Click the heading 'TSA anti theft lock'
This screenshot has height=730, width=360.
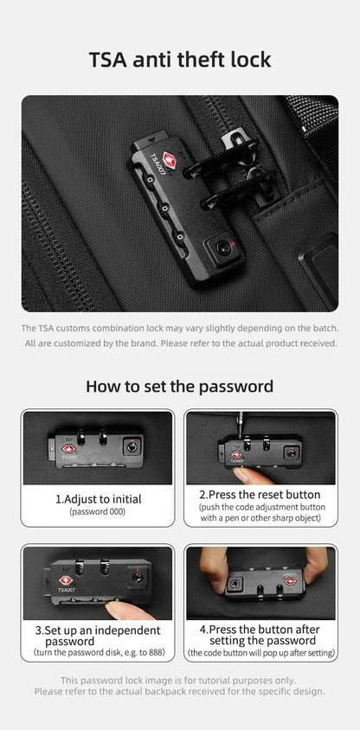click(180, 59)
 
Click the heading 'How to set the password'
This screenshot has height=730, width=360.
click(180, 386)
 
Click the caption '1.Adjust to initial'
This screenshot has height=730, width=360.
click(98, 499)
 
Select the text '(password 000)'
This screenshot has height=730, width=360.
click(98, 512)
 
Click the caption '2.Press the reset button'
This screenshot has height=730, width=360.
click(260, 494)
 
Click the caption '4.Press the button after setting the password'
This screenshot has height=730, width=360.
click(260, 635)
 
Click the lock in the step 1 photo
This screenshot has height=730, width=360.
click(96, 450)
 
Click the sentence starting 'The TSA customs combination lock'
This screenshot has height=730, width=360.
click(180, 329)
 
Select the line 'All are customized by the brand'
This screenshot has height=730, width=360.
click(180, 343)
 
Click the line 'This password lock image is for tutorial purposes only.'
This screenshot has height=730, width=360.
click(180, 680)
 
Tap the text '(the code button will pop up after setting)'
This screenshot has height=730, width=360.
click(260, 652)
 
